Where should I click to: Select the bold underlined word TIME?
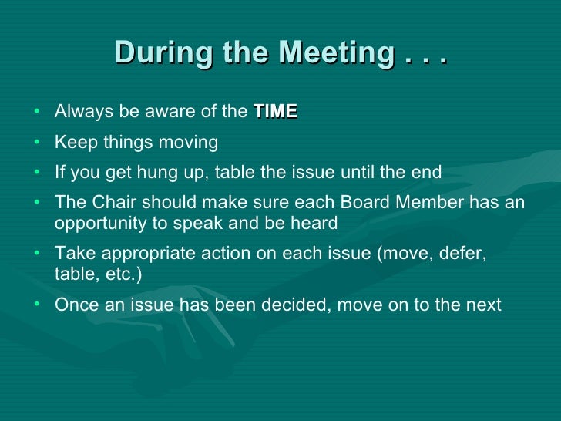275,112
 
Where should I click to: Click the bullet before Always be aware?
38,112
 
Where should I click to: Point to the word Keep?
72,143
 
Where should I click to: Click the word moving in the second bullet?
190,143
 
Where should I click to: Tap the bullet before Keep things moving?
38,143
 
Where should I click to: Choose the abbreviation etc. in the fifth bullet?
116,274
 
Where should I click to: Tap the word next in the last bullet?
483,305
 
